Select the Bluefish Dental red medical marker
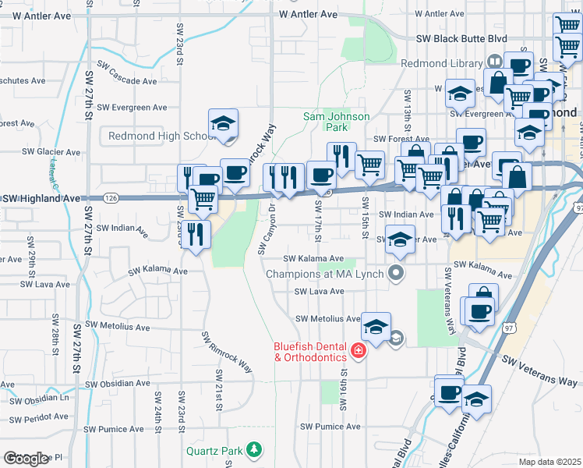(359, 352)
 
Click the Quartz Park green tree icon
(253, 449)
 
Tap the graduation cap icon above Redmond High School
(223, 123)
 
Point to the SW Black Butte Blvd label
(461, 37)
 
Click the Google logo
(26, 459)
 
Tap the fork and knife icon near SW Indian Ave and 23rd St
(196, 232)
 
